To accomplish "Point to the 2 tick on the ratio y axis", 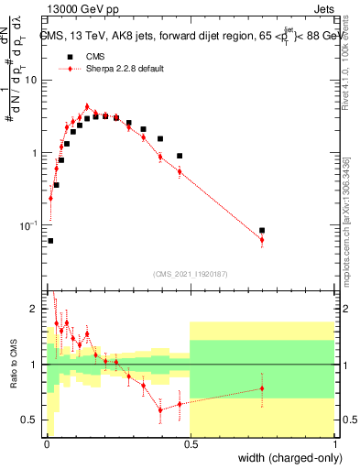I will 35,309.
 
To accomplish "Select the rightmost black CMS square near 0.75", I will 262,231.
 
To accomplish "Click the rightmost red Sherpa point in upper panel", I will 262,240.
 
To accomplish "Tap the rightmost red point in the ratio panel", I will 262,388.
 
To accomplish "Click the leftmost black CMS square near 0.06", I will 49,241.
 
